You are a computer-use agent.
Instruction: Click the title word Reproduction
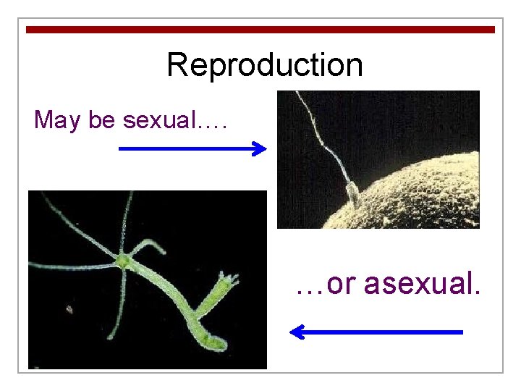click(x=264, y=65)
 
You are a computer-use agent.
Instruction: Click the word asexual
click(x=422, y=284)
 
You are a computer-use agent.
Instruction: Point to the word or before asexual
click(x=343, y=285)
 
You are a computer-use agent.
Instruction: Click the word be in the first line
click(x=102, y=119)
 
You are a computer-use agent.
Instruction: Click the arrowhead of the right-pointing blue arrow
click(x=260, y=149)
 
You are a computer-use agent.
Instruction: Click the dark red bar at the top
click(x=260, y=30)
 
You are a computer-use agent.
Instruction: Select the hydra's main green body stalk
click(x=166, y=290)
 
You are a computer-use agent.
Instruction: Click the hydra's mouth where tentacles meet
click(x=124, y=258)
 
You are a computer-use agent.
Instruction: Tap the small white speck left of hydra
click(x=69, y=309)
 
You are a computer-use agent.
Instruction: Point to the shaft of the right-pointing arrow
click(x=185, y=149)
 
